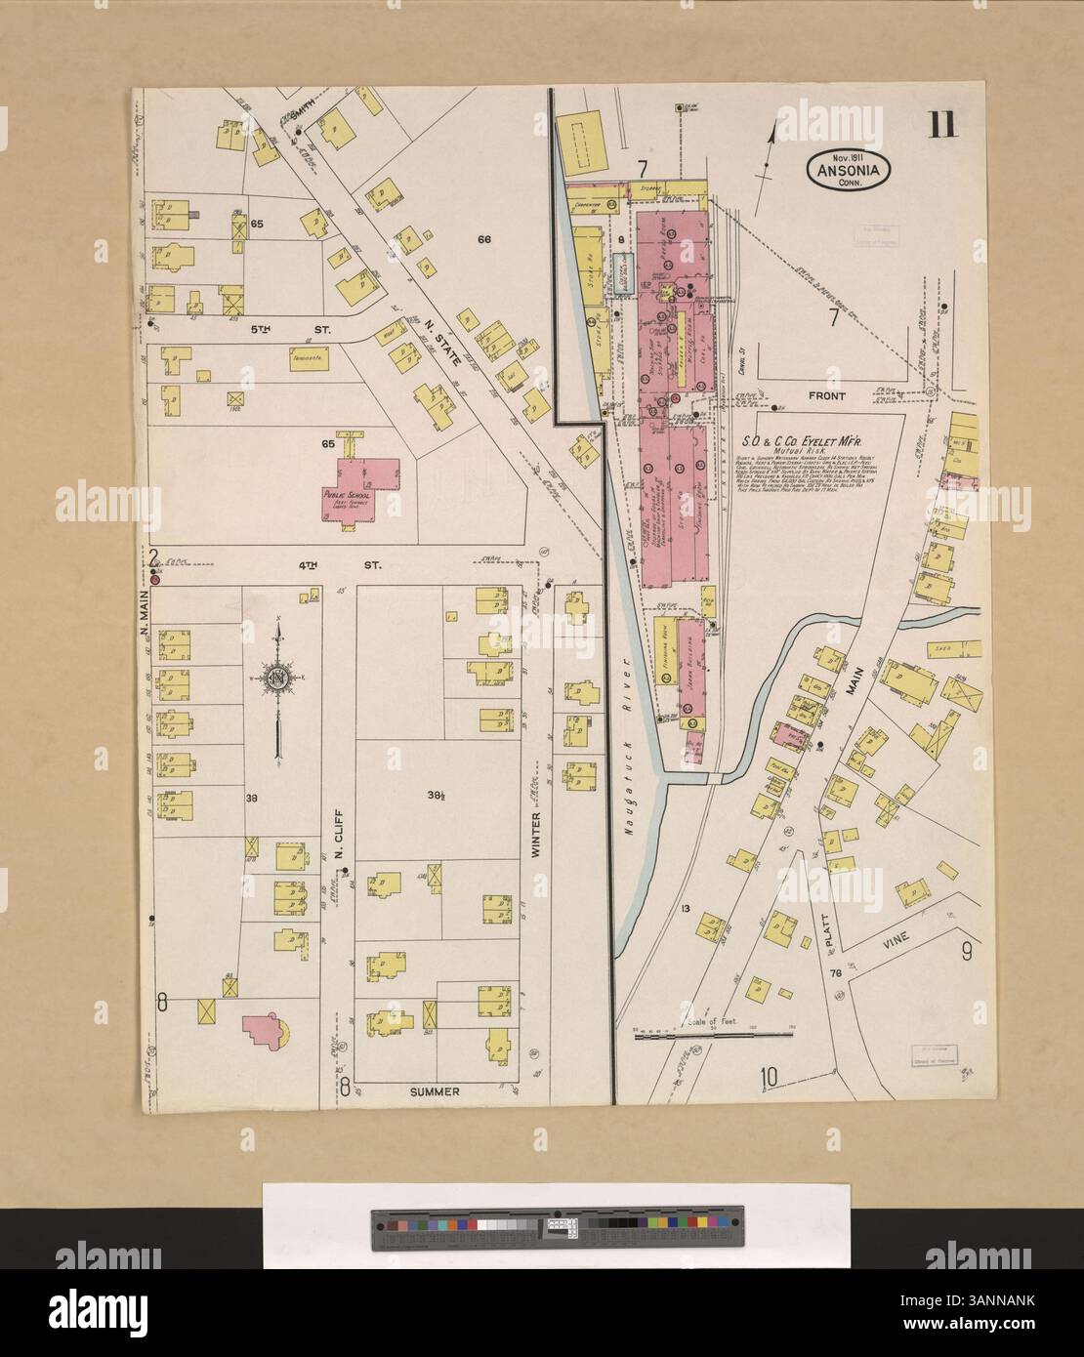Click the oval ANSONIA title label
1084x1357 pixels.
(x=847, y=169)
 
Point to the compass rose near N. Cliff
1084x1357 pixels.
(x=279, y=681)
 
